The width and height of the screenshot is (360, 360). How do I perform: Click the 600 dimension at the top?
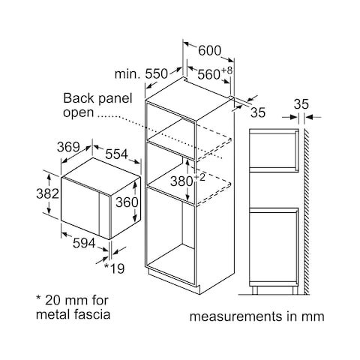209,51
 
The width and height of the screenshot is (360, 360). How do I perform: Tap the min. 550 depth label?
141,74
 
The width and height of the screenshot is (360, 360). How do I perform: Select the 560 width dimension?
208,74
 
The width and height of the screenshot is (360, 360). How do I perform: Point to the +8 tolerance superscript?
226,70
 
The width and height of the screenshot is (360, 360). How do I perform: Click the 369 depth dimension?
68,147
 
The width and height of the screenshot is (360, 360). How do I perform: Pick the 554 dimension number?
116,154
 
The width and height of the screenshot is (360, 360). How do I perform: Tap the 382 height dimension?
47,193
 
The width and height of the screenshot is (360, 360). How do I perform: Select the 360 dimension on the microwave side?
127,202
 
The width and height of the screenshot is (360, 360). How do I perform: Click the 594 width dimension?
84,243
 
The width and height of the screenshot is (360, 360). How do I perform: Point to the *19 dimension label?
114,268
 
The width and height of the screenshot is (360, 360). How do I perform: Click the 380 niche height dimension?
181,181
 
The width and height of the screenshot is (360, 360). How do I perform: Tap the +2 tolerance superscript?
199,177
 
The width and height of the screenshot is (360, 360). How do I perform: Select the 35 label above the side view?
301,104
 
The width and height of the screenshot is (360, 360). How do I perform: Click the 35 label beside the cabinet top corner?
258,112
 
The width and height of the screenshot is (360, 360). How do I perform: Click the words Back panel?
97,98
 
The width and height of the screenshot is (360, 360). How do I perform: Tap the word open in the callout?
78,113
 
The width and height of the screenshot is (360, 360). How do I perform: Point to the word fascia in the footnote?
92,314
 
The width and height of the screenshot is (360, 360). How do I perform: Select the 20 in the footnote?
52,300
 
